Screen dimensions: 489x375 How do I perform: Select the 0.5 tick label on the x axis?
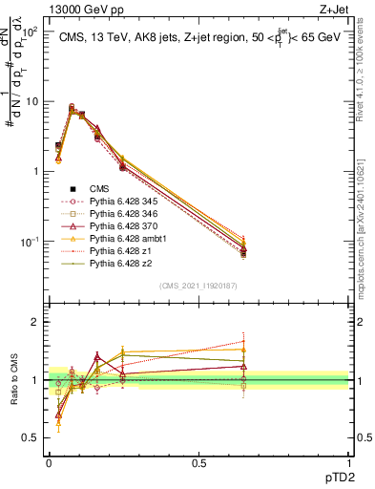[x=198, y=462]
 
